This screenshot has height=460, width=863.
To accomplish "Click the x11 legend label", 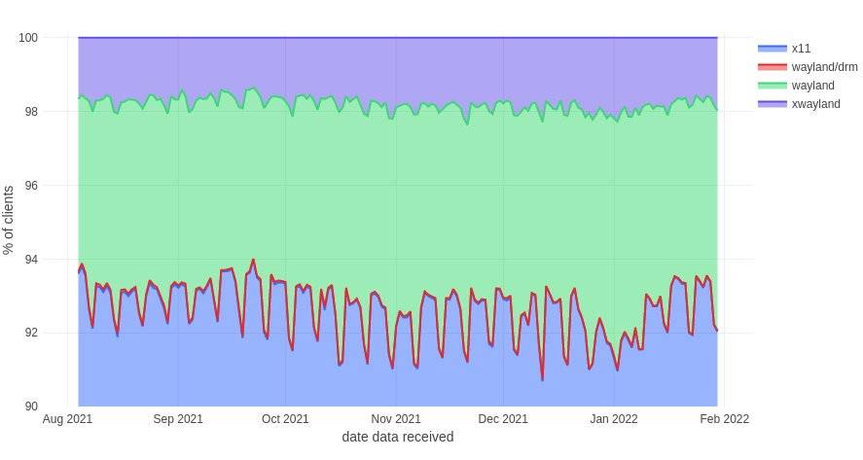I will pyautogui.click(x=801, y=48).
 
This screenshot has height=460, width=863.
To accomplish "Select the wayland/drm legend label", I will pyautogui.click(x=824, y=66).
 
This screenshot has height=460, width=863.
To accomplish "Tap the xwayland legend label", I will pyautogui.click(x=815, y=103).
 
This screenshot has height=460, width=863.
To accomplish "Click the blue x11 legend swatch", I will pyautogui.click(x=772, y=48).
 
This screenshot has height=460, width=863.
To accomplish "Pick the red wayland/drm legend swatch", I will pyautogui.click(x=772, y=66).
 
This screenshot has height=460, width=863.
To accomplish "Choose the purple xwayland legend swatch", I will pyautogui.click(x=772, y=103).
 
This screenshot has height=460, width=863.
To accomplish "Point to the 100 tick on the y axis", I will pyautogui.click(x=28, y=38).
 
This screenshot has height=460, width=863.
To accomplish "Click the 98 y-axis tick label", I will pyautogui.click(x=31, y=112).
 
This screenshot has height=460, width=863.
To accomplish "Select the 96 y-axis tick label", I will pyautogui.click(x=31, y=186).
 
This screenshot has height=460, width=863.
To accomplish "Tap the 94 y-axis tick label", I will pyautogui.click(x=31, y=260).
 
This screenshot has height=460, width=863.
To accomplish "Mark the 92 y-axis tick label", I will pyautogui.click(x=31, y=333).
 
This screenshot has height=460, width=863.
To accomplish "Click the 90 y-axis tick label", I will pyautogui.click(x=31, y=407).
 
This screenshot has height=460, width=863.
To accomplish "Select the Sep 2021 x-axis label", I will pyautogui.click(x=178, y=419).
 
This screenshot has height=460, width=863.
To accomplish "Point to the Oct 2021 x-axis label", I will pyautogui.click(x=286, y=419).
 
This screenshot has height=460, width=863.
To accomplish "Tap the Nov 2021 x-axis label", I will pyautogui.click(x=396, y=419).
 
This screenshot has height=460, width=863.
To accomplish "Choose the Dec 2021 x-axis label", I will pyautogui.click(x=504, y=419).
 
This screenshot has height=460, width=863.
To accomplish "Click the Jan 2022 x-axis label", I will pyautogui.click(x=614, y=419).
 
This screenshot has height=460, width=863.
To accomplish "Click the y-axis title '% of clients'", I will pyautogui.click(x=10, y=220).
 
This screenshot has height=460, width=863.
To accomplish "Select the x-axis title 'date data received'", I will pyautogui.click(x=397, y=438).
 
